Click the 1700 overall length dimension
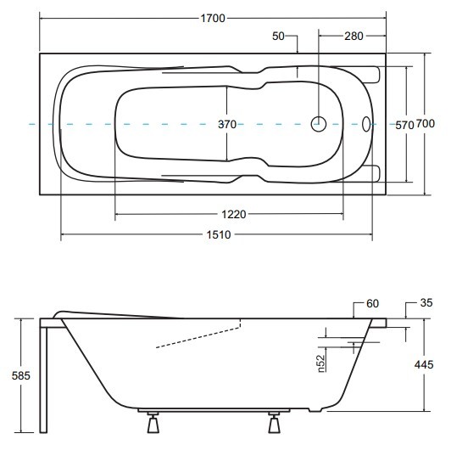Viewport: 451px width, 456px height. point(212,17)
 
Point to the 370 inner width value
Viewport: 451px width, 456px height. point(226,124)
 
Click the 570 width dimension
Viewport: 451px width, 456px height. point(404,125)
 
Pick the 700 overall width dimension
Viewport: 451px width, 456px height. point(426,125)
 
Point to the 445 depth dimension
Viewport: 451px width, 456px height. point(427,363)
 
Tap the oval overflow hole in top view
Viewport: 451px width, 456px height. point(367,124)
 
